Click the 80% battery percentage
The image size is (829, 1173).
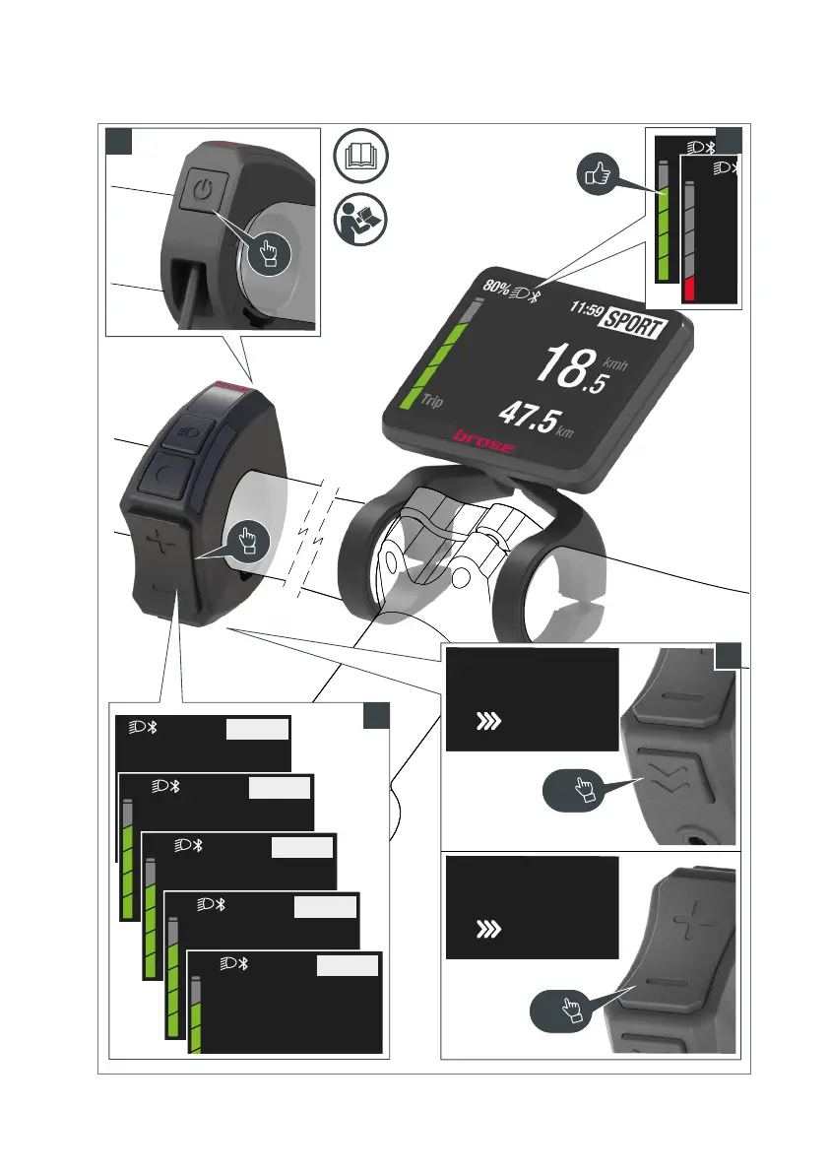tap(496, 290)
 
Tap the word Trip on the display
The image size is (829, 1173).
tap(429, 401)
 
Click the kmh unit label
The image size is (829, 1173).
tap(616, 362)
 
